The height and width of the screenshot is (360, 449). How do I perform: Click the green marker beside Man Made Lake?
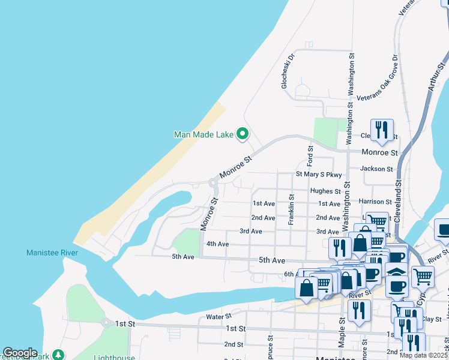point(243,134)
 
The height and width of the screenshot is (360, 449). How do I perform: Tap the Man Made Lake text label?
point(203,134)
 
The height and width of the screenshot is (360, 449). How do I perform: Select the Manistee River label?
point(52,253)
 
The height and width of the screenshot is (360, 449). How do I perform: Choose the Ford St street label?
point(310,156)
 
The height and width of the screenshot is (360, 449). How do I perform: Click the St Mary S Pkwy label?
point(319,175)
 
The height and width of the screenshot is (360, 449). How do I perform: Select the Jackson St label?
point(376,169)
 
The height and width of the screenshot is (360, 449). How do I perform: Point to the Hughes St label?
point(325,191)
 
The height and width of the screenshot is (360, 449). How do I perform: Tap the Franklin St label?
point(291,209)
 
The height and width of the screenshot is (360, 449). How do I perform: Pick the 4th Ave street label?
point(217,244)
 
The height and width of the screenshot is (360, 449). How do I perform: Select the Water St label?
point(218,316)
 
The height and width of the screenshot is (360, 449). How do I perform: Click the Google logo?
point(20,353)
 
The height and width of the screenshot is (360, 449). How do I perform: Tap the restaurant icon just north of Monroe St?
point(382,130)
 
